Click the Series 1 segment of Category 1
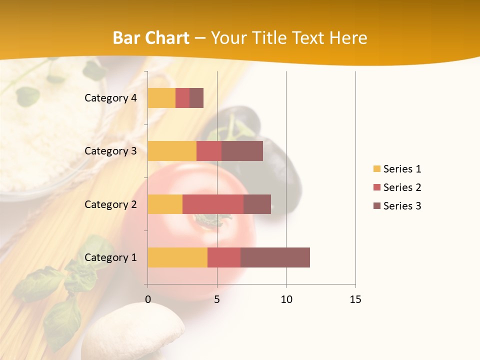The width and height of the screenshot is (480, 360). click(x=177, y=257)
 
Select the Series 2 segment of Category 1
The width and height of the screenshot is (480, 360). click(x=224, y=257)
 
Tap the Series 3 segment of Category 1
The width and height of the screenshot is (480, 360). click(x=275, y=257)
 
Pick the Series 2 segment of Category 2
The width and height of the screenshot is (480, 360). click(x=213, y=204)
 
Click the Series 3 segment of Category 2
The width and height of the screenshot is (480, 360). click(x=257, y=204)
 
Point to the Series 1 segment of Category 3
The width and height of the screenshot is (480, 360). click(x=172, y=151)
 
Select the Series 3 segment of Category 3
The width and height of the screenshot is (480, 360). click(x=242, y=151)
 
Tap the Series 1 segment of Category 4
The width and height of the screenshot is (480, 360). click(x=161, y=98)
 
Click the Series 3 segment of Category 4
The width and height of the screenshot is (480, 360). click(x=196, y=98)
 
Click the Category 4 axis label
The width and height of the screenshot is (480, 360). click(x=110, y=98)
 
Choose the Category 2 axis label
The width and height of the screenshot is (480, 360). click(x=110, y=204)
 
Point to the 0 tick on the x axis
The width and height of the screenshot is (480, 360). click(x=148, y=299)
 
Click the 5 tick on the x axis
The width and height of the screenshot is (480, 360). click(x=217, y=299)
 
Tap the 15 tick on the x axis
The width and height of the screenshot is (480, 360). click(x=355, y=299)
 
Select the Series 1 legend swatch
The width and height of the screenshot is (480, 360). click(x=377, y=169)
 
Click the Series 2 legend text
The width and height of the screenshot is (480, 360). click(x=402, y=187)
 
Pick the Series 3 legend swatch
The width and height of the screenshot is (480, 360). click(x=377, y=206)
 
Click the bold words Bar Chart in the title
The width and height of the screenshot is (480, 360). click(x=151, y=38)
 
